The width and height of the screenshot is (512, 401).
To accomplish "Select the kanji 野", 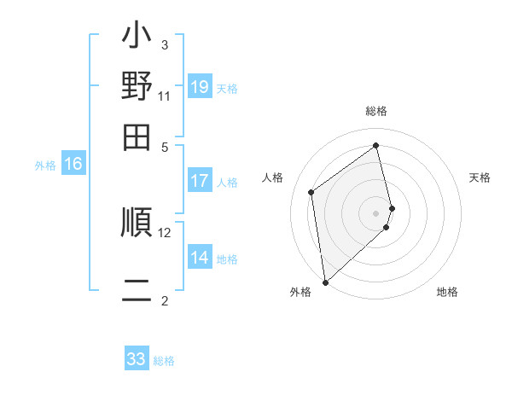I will pos(137,88).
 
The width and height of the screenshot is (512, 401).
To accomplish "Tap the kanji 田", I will pos(137,137).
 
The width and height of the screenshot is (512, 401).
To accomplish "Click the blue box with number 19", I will pos(200,87).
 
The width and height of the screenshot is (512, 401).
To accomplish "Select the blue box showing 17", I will pos(200,181).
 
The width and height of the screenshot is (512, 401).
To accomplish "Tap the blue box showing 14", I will pos(200,259).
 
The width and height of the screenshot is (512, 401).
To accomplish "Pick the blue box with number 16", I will pos(73,165).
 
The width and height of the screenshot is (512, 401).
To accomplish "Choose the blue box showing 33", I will pos(137,359).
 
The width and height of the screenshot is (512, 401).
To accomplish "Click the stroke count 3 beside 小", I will pos(165,44).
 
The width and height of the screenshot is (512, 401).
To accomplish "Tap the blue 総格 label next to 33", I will pos(165,361).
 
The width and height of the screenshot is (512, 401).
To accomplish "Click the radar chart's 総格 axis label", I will pos(376,111).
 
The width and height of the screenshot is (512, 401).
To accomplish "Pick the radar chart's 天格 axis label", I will pos(480,177).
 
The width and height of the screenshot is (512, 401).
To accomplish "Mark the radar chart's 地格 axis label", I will pos(447,292).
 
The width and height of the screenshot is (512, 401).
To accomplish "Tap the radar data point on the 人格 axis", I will pos(311,192).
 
